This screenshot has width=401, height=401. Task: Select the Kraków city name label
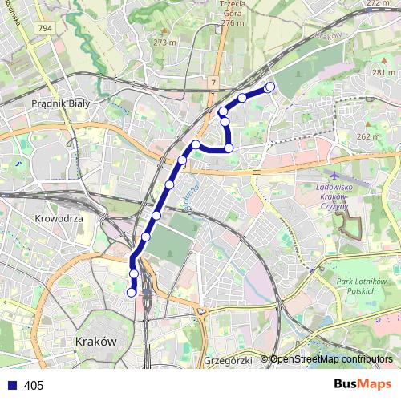95,341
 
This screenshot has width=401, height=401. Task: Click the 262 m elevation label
368,136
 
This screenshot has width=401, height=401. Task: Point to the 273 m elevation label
164,42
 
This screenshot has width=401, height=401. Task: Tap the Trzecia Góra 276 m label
230,14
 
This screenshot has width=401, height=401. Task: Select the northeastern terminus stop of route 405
270,87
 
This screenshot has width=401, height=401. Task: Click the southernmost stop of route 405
132,293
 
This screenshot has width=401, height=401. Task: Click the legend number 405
34,386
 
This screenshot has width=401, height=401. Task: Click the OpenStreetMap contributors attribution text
330,359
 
